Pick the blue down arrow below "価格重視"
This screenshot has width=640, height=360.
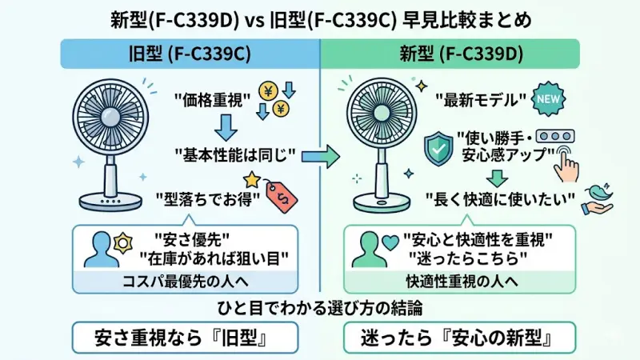226,126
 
